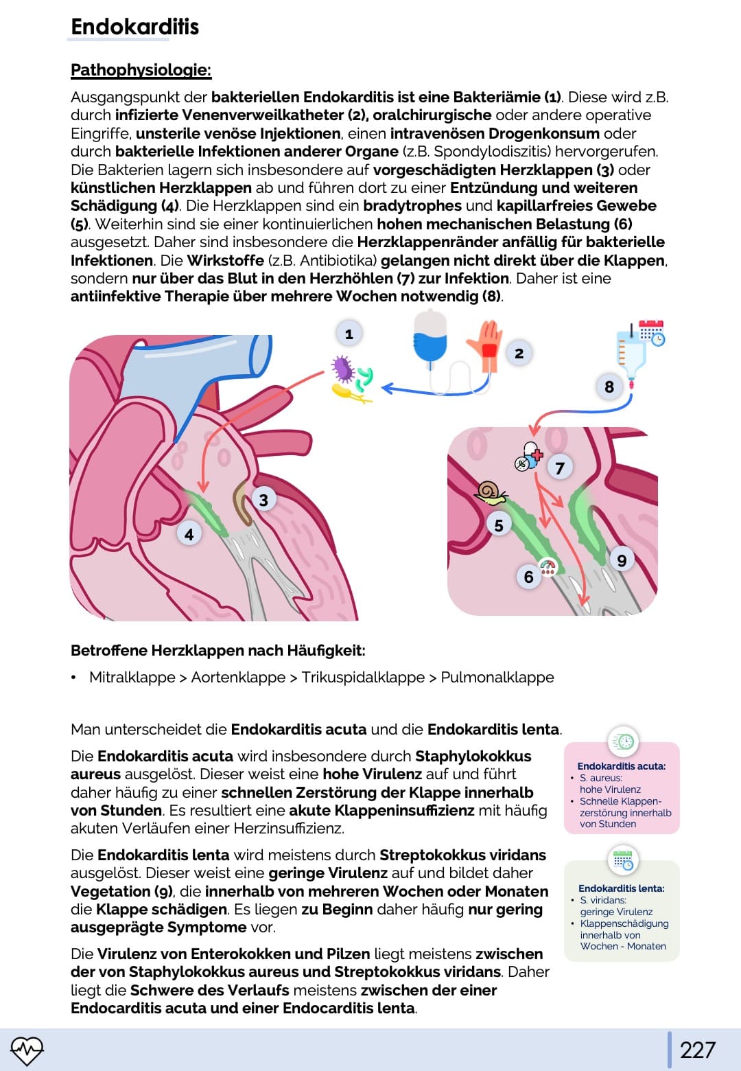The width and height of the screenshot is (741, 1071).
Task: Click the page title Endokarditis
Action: (x=134, y=27)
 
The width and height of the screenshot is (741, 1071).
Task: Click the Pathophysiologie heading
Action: (x=141, y=70)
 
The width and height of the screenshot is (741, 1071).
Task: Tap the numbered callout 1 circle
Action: (x=349, y=334)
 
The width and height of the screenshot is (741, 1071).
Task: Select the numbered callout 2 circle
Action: (x=519, y=354)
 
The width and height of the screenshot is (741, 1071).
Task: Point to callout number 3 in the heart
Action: (x=263, y=500)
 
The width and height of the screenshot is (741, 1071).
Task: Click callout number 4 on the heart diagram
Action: (x=189, y=534)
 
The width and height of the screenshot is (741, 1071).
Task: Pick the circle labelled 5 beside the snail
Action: (x=499, y=525)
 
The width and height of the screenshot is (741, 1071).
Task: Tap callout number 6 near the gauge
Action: (x=528, y=577)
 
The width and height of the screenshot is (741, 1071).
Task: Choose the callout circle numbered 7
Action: (x=560, y=468)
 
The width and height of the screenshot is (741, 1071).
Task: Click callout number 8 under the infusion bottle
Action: (x=609, y=387)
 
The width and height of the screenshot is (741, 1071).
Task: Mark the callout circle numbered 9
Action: (x=622, y=560)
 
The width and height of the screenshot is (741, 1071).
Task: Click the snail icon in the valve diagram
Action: (x=489, y=492)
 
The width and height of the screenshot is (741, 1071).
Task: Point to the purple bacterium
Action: (x=342, y=369)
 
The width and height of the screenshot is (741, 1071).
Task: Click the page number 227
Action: (x=697, y=1050)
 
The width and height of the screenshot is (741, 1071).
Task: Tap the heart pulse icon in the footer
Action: (x=27, y=1049)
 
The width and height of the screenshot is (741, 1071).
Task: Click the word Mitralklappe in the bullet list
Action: (x=132, y=678)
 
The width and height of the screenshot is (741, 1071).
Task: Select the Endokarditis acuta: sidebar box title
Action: (x=622, y=766)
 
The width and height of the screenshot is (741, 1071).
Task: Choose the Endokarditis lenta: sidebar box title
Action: (x=622, y=888)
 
